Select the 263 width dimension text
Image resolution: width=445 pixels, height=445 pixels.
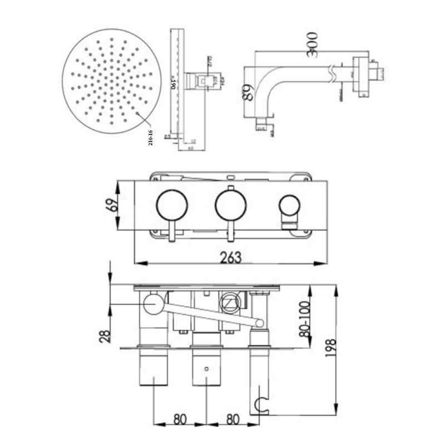(230, 257)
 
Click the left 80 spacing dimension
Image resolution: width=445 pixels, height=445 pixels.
(179, 419)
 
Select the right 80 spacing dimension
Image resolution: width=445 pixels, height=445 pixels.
(232, 419)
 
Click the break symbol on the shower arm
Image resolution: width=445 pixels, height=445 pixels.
(333, 71)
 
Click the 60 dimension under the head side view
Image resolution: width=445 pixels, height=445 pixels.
(190, 149)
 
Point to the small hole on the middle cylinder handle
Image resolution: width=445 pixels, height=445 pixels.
(207, 368)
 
